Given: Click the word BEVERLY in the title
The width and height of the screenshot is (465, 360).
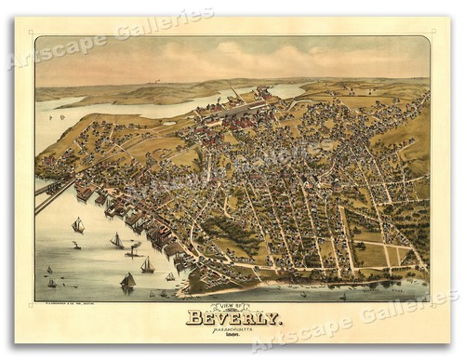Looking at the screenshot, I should click(233, 319).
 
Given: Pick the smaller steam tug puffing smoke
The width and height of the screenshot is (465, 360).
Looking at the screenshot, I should click(75, 245).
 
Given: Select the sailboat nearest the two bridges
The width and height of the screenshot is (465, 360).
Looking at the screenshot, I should click(78, 224).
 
